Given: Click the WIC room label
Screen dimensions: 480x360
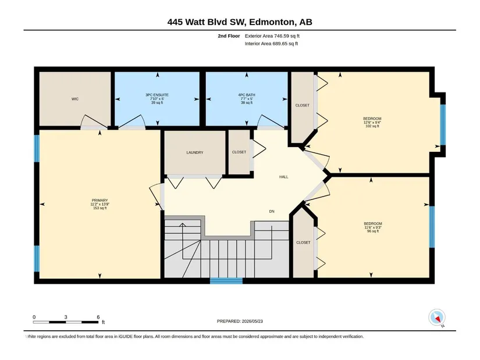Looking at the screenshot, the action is pyautogui.click(x=75, y=99).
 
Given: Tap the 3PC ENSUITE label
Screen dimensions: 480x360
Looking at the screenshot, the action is pyautogui.click(x=157, y=95).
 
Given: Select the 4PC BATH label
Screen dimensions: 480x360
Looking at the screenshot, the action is pyautogui.click(x=247, y=95).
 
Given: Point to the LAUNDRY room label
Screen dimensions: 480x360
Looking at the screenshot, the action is pyautogui.click(x=195, y=152).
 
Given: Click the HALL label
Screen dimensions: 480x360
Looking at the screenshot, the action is pyautogui.click(x=284, y=177).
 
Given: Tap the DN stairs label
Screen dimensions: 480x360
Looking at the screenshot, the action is pyautogui.click(x=272, y=211).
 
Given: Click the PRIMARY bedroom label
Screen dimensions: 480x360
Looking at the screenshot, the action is pyautogui.click(x=100, y=201).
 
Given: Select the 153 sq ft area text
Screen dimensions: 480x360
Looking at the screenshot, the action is pyautogui.click(x=100, y=208).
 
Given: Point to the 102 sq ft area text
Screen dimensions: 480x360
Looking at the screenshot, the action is pyautogui.click(x=372, y=126).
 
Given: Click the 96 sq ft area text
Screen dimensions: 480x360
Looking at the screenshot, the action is pyautogui.click(x=373, y=231).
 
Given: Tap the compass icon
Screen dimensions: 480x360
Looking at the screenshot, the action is pyautogui.click(x=437, y=318).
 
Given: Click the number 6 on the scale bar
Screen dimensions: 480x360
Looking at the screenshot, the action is pyautogui.click(x=98, y=317).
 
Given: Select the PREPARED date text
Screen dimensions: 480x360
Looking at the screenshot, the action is pyautogui.click(x=240, y=321).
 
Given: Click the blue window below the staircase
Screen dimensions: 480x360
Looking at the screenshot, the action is pyautogui.click(x=226, y=281).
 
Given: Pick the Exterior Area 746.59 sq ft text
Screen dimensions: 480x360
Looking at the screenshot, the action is pyautogui.click(x=272, y=36).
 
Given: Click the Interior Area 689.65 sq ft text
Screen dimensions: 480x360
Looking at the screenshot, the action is pyautogui.click(x=271, y=44).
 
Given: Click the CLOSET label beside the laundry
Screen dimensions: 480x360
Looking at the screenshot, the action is pyautogui.click(x=239, y=152).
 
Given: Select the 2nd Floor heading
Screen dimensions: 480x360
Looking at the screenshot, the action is pyautogui.click(x=229, y=36).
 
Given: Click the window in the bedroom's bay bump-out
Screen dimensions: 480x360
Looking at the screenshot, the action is pyautogui.click(x=443, y=124).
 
